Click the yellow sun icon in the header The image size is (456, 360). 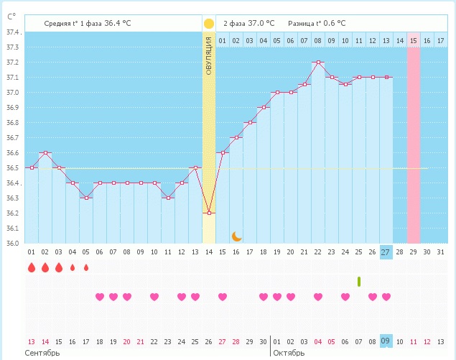tap(209, 23)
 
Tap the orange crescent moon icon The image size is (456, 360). tap(236, 236)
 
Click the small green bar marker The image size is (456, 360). tap(358, 280)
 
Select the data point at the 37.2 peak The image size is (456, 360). tap(317, 63)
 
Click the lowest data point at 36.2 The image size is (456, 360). tap(209, 213)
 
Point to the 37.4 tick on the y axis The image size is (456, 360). tap(12, 33)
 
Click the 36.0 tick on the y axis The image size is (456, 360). tap(12, 243)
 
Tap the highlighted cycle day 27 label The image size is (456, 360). tap(386, 252)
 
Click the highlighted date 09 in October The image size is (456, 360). tap(386, 341)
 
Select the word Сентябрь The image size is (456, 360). tap(41, 354)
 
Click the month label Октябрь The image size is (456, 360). tap(289, 354)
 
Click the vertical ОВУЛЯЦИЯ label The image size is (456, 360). tap(209, 57)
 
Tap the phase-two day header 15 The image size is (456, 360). tap(413, 40)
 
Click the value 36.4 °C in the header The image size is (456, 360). tap(118, 23)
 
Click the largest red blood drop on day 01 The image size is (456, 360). tap(31, 268)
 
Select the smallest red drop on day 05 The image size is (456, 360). tap(86, 268)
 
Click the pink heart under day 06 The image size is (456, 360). tap(100, 297)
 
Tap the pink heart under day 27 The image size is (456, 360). tap(386, 297)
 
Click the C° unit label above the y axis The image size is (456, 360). tap(11, 15)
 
